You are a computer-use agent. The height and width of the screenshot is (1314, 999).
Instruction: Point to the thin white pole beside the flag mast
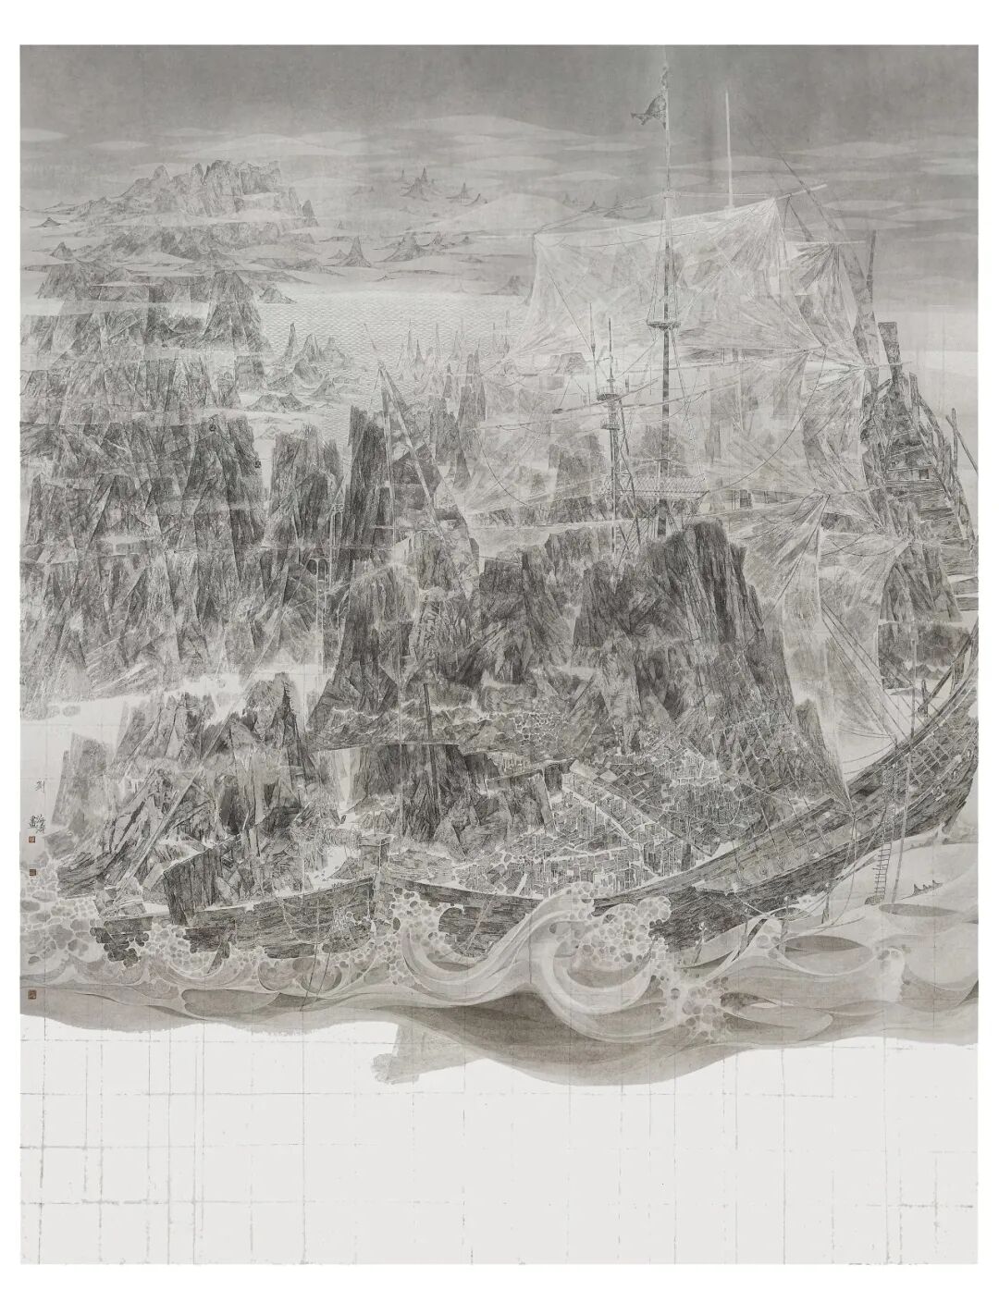pyautogui.click(x=731, y=166)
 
